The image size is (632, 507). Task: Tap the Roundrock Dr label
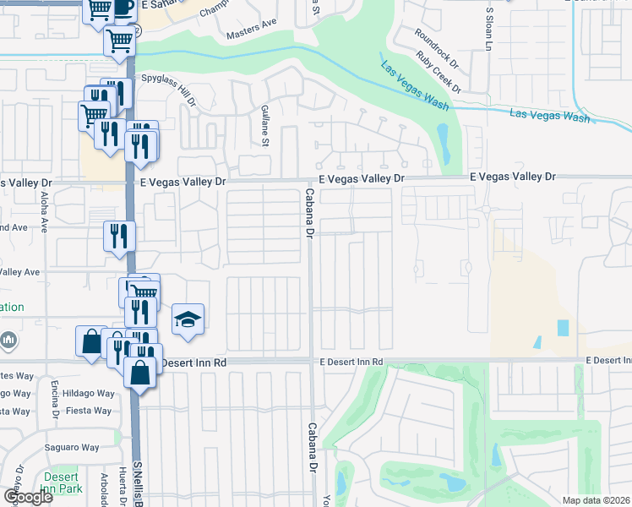point(435,46)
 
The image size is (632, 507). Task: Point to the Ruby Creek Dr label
point(438,72)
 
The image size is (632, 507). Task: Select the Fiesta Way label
point(90,412)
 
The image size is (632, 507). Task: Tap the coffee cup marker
point(123,7)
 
